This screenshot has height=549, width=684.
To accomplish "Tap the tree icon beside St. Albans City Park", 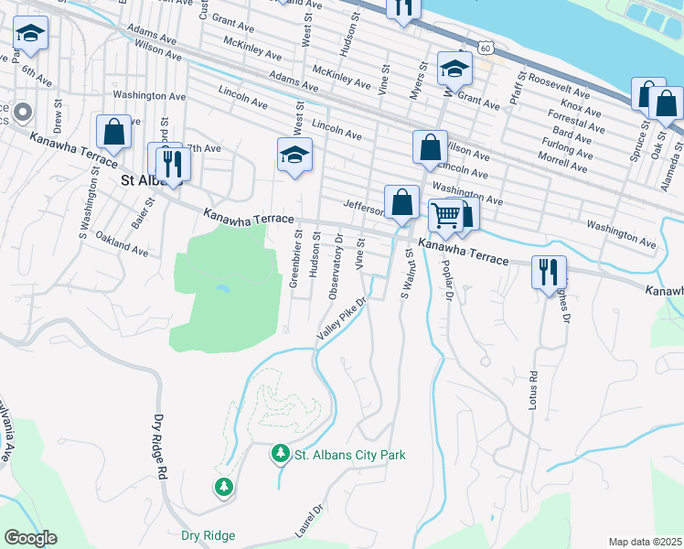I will click(281, 454).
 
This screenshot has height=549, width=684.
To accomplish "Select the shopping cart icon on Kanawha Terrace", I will click(445, 217).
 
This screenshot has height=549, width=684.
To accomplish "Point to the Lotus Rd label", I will click(533, 389).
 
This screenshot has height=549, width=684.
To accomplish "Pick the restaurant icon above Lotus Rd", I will click(548, 271).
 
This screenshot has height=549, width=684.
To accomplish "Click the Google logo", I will click(30, 538).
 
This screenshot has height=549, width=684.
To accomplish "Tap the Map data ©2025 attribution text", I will click(644, 542).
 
